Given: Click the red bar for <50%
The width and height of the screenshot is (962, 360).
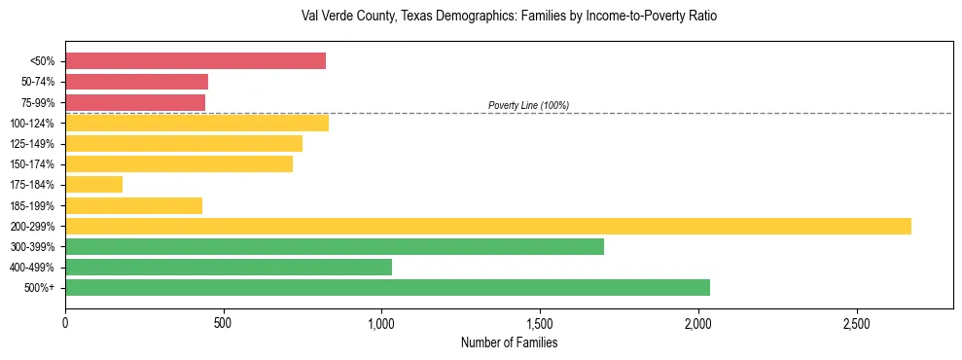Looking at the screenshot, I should coord(195,61).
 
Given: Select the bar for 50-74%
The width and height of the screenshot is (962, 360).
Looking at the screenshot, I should coord(136,82).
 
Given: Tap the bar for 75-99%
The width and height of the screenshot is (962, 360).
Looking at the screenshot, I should coord(135,102).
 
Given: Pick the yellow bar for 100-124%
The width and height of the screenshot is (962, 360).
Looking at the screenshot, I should coord(196,123).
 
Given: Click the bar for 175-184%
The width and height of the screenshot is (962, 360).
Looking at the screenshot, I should coord(93,185).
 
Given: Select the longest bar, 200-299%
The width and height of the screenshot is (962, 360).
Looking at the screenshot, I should coord(487,226).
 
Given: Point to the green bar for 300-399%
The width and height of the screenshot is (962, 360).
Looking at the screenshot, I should coord(334,246).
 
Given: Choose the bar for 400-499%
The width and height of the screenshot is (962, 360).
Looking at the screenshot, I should coord(228,267).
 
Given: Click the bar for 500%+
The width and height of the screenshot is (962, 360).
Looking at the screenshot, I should coord(387,287).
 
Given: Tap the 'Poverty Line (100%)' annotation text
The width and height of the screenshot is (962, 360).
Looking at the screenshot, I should coord(528,105).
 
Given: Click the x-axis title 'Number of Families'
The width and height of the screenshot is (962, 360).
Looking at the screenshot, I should coord(509,342).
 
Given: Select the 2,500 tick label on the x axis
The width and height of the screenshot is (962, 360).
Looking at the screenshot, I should coord(856,321).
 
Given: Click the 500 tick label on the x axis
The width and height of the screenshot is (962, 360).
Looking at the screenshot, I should coord(223,321).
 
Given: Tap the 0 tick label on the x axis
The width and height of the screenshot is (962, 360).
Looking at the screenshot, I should coord(65,321).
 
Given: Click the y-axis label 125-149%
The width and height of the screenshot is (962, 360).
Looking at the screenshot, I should coord(32,144).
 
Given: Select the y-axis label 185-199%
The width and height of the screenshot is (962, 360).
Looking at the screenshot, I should coord(32,205).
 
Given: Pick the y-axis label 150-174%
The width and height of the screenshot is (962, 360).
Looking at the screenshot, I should coord(32,164).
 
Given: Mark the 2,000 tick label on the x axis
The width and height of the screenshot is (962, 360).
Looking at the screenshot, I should coord(698,321).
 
